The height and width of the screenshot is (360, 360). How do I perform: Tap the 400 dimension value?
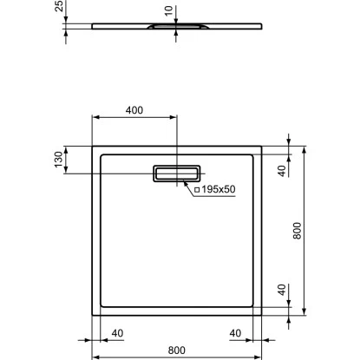[135, 112]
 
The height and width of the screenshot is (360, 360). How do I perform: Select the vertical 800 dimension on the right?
[297, 231]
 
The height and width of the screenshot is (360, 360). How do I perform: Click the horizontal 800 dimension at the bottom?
[176, 350]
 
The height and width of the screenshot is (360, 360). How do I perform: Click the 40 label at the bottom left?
[117, 332]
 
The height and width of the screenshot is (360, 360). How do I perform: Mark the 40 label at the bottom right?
[235, 332]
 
